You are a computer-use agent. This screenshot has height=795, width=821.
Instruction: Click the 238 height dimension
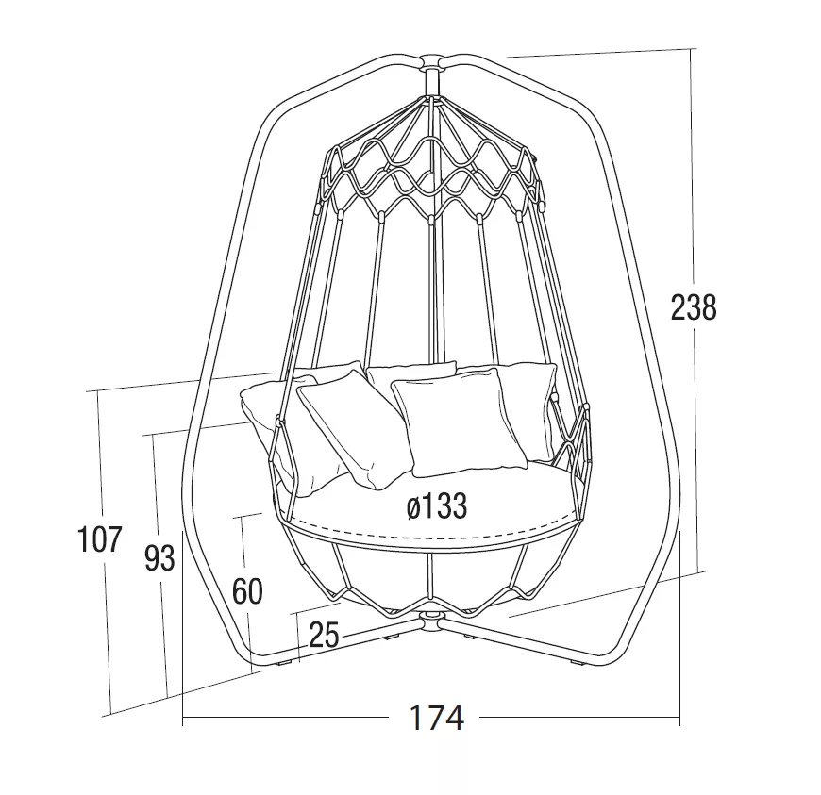click(694, 307)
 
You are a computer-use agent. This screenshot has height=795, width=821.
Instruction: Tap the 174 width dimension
click(436, 718)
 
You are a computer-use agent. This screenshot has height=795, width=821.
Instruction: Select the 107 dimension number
click(99, 539)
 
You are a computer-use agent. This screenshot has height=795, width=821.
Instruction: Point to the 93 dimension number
click(159, 558)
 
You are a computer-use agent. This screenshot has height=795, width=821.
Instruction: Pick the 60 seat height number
click(247, 592)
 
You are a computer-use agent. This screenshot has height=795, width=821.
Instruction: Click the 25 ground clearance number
click(324, 635)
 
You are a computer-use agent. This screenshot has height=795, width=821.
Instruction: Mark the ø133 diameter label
click(436, 506)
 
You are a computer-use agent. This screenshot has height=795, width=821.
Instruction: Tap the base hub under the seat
click(430, 621)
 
